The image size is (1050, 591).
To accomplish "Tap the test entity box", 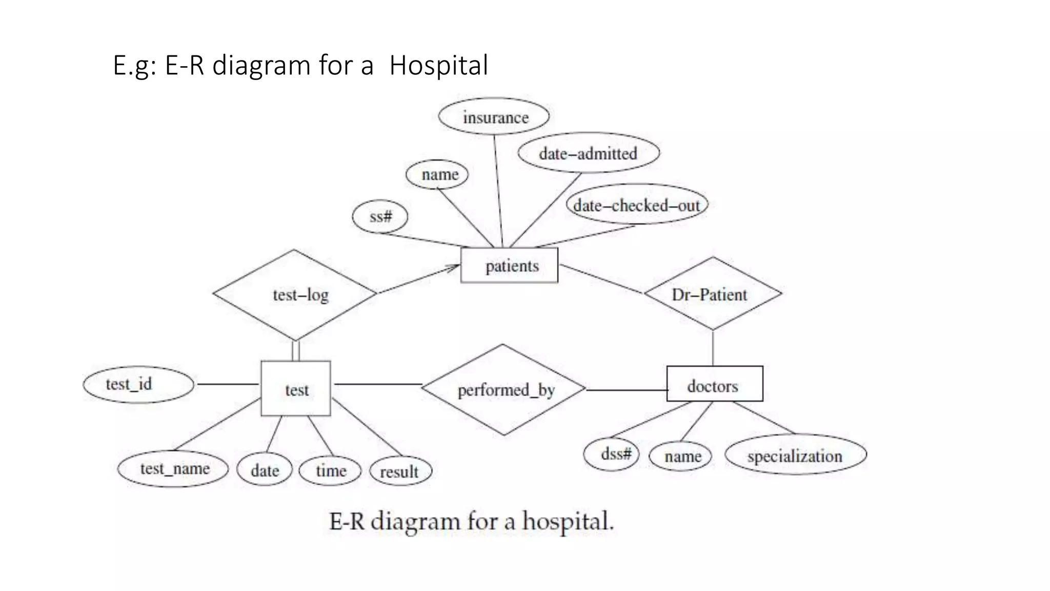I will point(296,388).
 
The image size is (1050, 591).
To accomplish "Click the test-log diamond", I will point(295,294).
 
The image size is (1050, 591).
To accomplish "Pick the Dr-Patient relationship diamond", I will point(713,294).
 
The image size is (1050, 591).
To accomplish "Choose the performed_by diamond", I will point(503,390).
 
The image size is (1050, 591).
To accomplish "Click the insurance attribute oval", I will point(494,117).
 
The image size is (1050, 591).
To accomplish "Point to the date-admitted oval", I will point(588,153).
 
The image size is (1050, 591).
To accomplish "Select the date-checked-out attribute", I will point(636,205).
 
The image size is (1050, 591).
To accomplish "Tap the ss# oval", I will point(380,216).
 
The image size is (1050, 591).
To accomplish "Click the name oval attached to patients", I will point(437,174).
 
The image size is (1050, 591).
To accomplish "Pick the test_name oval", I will point(173,468).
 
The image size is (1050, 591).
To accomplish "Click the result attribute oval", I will point(400,471).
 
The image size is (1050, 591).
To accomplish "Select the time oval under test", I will point(330,470).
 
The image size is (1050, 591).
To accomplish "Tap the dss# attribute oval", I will point(612,454).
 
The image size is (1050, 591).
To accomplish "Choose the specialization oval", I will point(795,455).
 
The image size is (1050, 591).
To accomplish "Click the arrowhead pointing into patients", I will point(454,267).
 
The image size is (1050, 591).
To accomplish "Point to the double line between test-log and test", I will point(295,351).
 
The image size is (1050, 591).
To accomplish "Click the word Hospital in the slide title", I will point(438,66).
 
